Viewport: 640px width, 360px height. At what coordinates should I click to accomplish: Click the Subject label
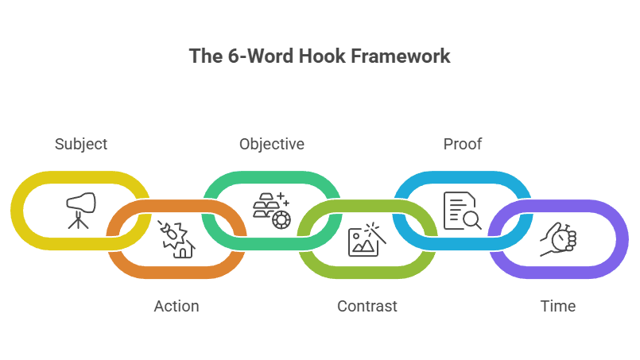click(x=81, y=145)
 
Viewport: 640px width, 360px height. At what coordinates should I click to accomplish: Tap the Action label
click(x=176, y=306)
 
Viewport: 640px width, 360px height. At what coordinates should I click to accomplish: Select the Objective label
click(x=272, y=145)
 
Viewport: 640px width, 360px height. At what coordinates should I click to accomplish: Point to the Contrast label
click(x=367, y=306)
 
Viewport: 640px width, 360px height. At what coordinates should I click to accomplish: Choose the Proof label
click(x=463, y=145)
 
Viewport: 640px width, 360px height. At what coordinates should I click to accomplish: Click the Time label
click(x=558, y=306)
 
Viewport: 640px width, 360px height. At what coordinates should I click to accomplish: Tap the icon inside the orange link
click(x=176, y=239)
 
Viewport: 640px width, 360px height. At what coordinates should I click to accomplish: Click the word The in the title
click(x=203, y=56)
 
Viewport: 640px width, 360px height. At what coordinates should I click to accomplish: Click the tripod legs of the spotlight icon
click(x=77, y=222)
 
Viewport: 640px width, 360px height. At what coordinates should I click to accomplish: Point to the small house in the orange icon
click(x=184, y=250)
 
